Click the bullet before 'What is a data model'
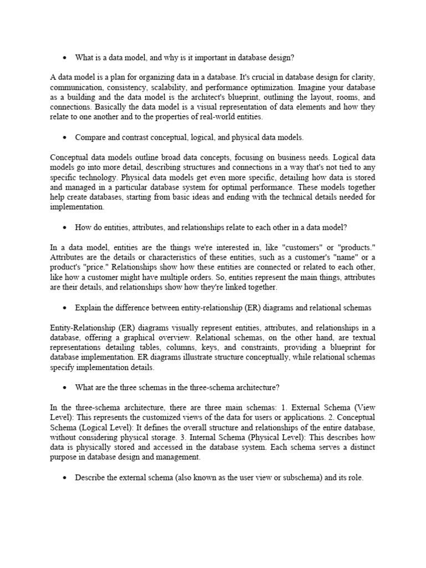[x=64, y=58]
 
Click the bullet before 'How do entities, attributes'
[x=64, y=227]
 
